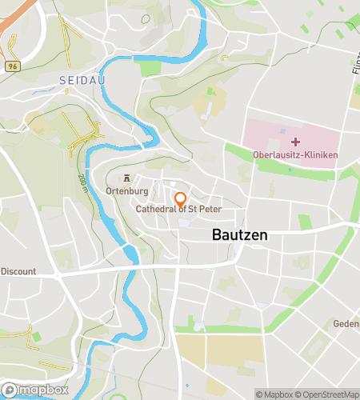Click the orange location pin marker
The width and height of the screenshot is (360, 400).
(x=180, y=198)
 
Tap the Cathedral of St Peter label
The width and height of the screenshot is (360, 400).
(x=178, y=210)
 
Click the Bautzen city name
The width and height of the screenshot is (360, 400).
(x=240, y=235)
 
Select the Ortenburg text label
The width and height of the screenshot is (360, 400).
(x=126, y=192)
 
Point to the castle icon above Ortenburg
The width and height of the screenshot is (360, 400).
(x=126, y=178)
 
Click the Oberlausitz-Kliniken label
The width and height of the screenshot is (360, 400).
(x=295, y=155)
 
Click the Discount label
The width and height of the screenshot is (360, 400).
(x=18, y=271)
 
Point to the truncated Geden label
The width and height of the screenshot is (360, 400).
(x=346, y=324)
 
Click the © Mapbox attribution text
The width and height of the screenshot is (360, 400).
(x=274, y=394)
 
